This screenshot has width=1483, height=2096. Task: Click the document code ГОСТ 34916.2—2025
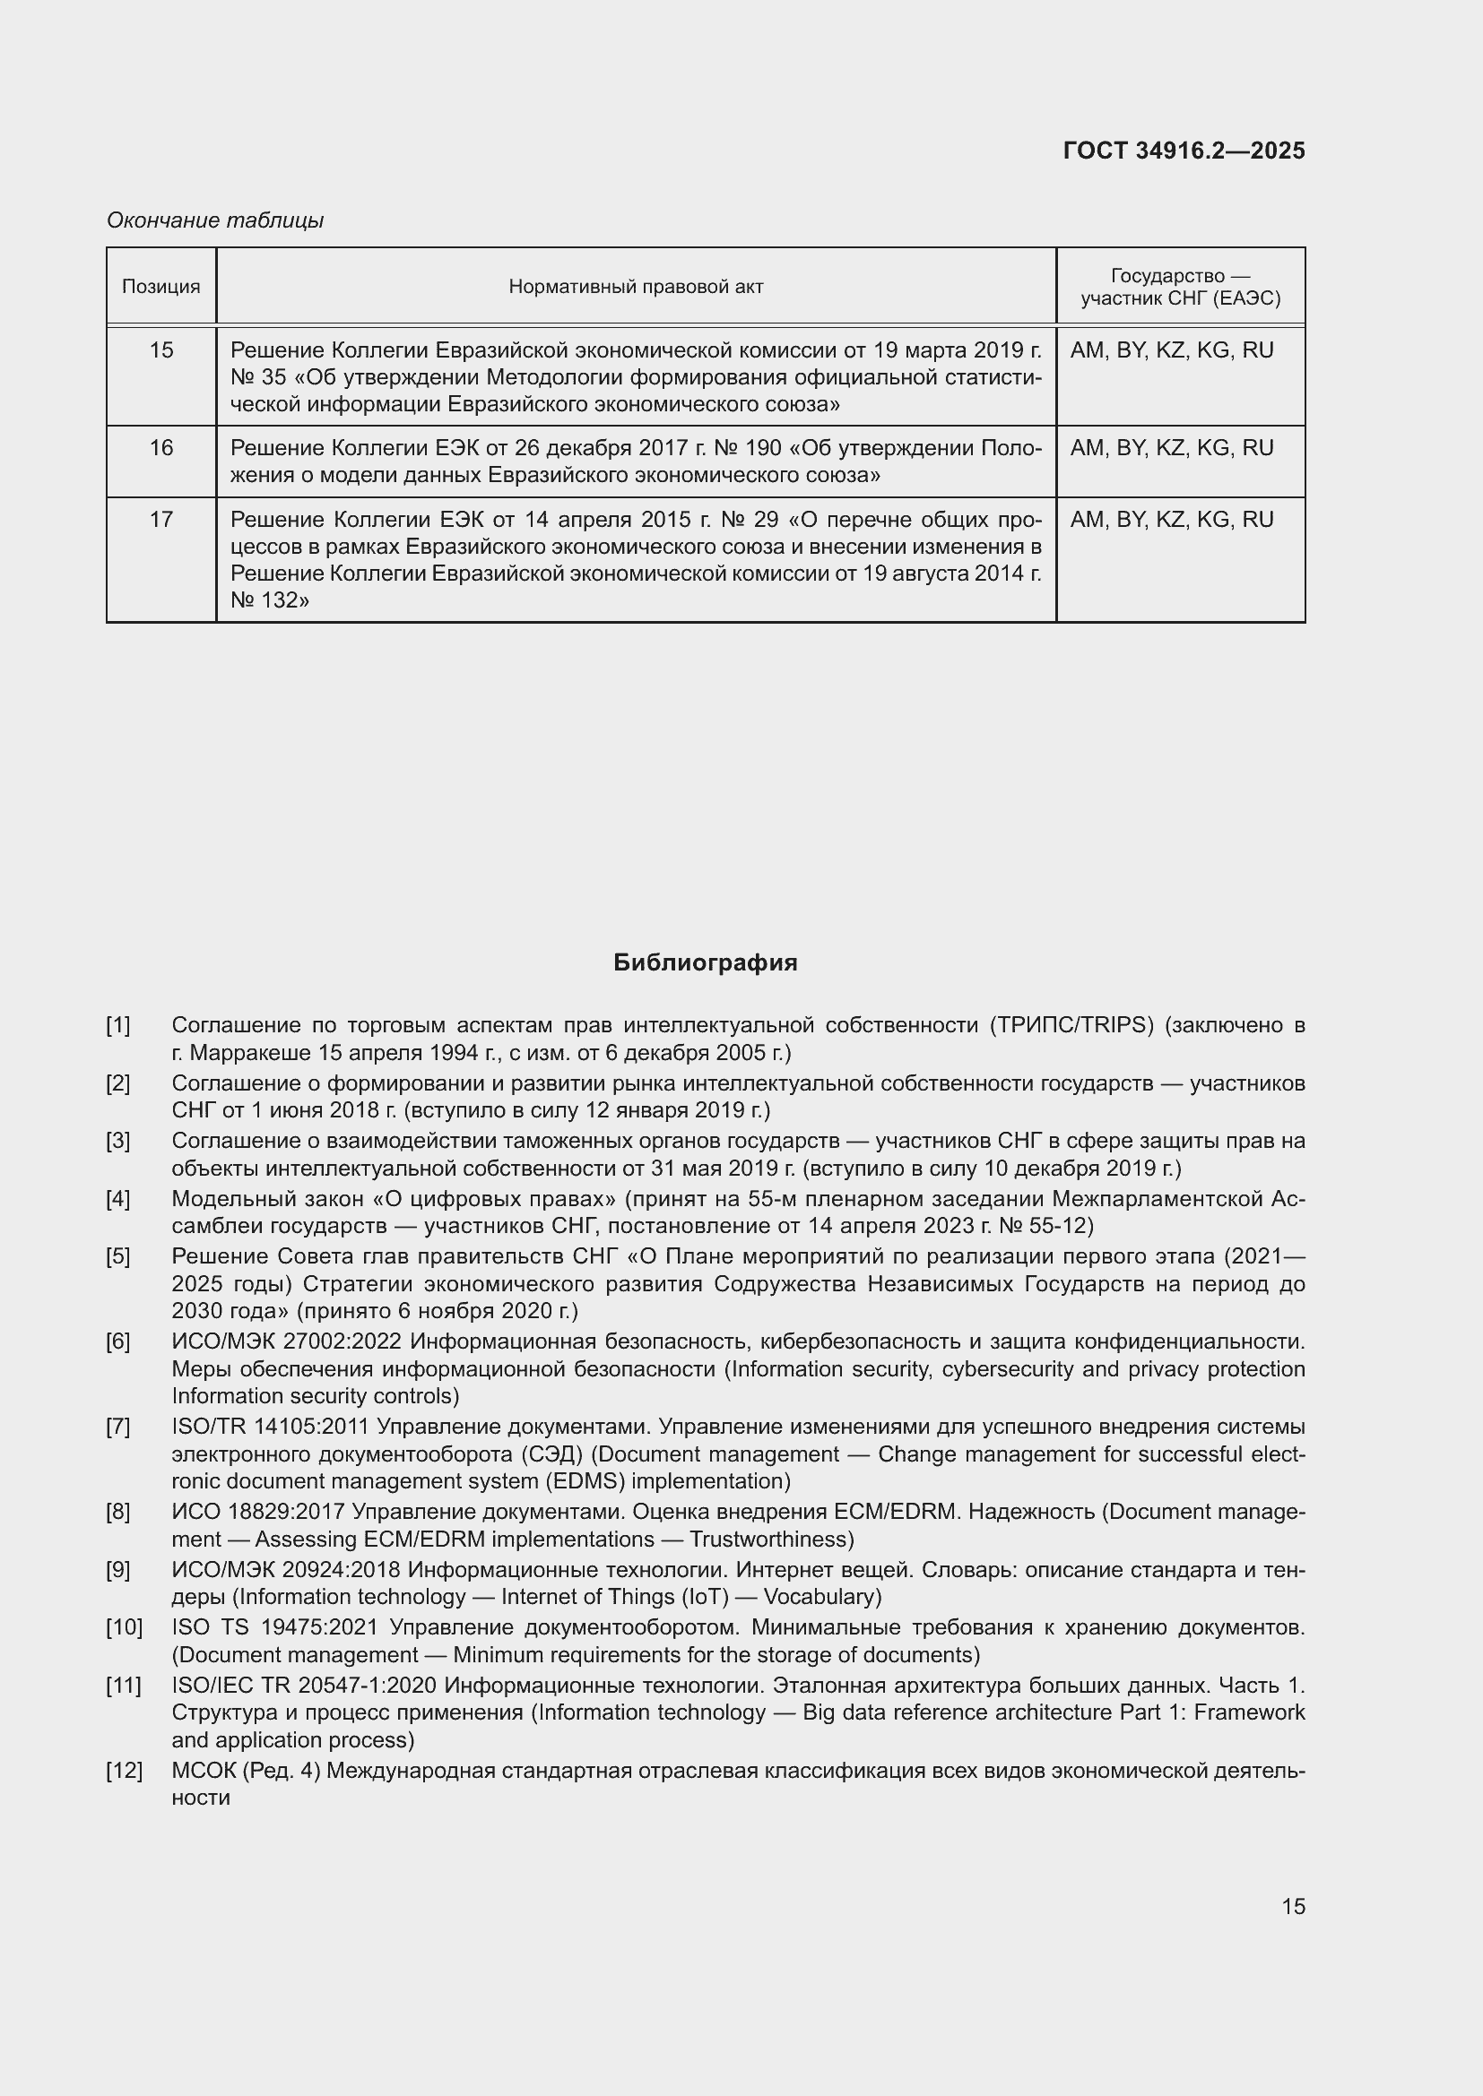point(1184,151)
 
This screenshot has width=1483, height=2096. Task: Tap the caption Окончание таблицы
point(214,220)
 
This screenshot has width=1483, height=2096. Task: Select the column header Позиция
point(160,287)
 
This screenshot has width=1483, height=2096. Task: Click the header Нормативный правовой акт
point(636,287)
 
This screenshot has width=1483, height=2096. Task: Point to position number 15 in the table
point(160,350)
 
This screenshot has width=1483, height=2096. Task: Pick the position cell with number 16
point(160,448)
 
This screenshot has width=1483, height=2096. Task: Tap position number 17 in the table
point(160,520)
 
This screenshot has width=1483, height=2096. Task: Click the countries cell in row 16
point(1171,448)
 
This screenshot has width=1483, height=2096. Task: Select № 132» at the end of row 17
point(269,600)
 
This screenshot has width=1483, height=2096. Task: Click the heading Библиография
point(705,963)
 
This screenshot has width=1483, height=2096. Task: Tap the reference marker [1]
point(117,1025)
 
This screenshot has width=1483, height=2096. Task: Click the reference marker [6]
point(117,1342)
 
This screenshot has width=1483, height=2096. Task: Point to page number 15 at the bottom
point(1293,1906)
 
